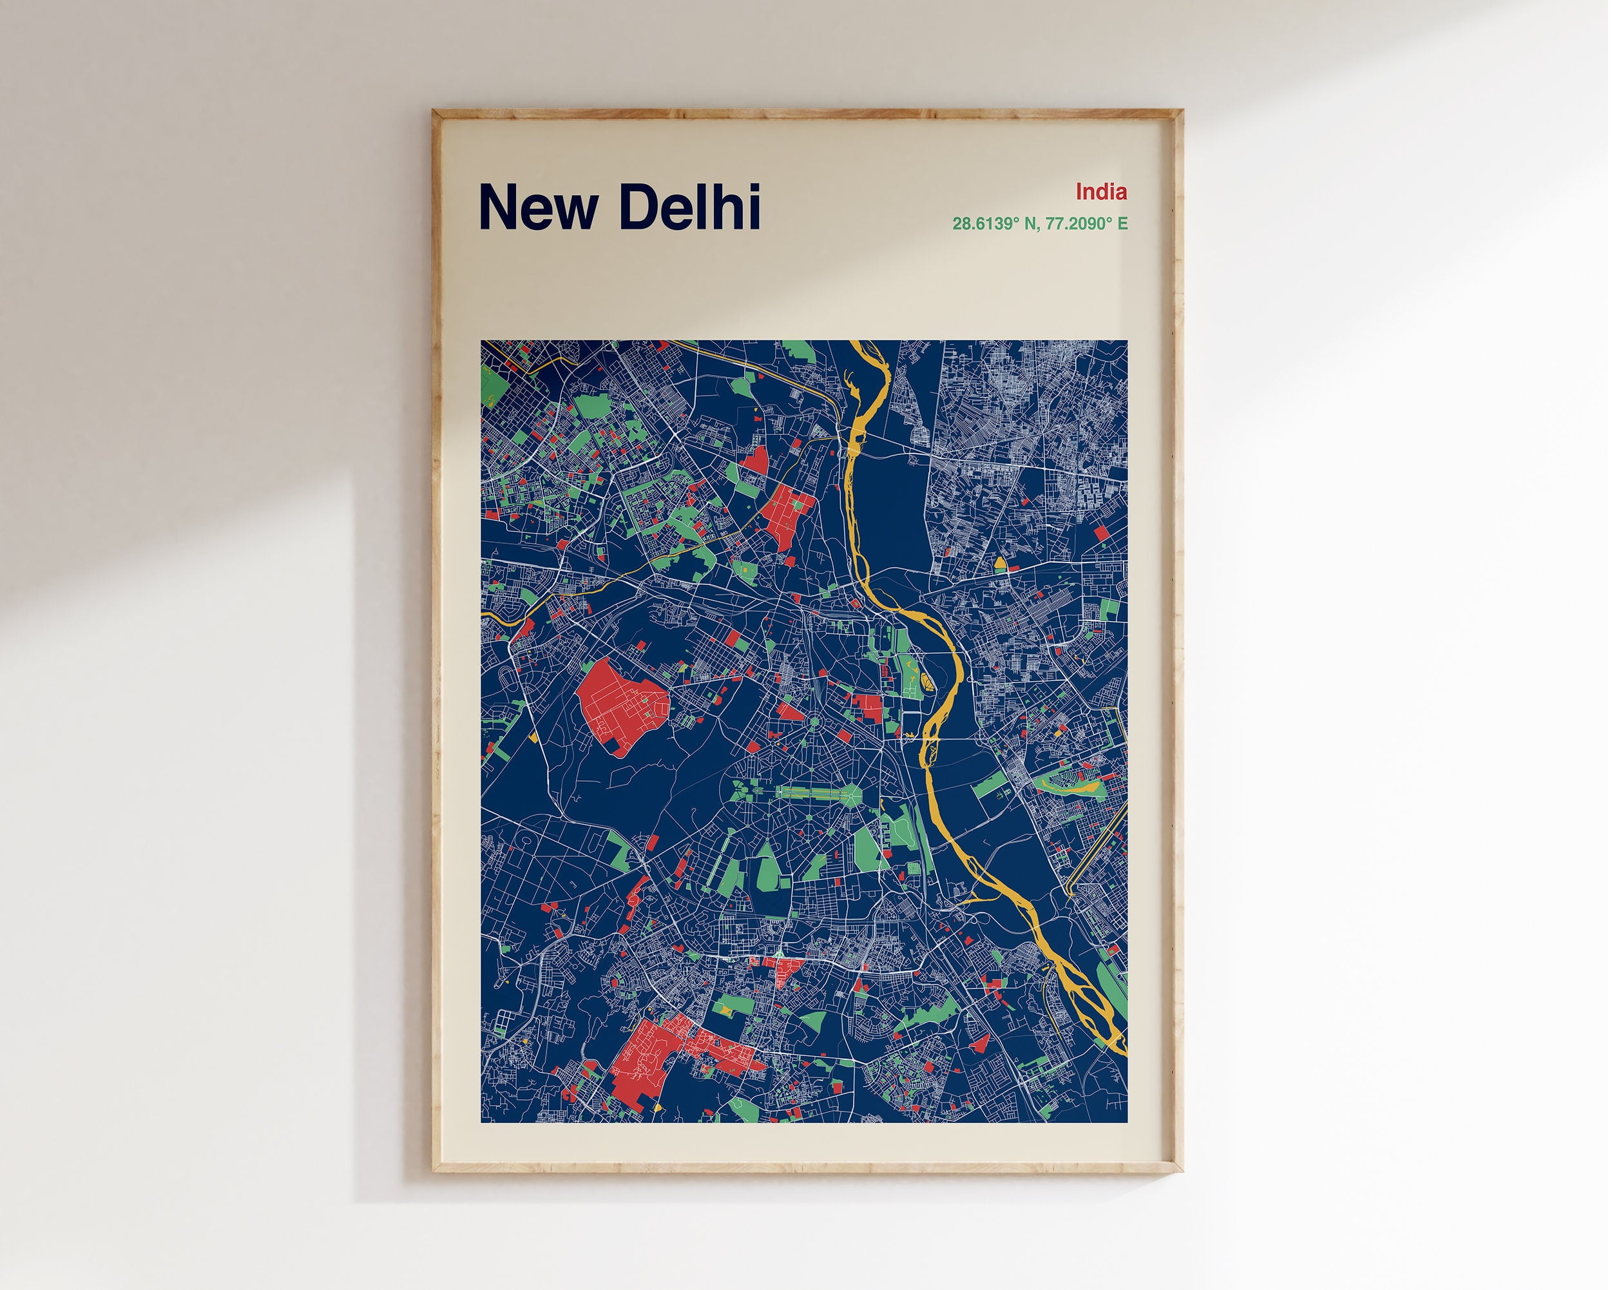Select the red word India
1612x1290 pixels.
(1100, 192)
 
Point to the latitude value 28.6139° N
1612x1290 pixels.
(992, 224)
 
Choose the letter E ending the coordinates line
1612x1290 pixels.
(1122, 224)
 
